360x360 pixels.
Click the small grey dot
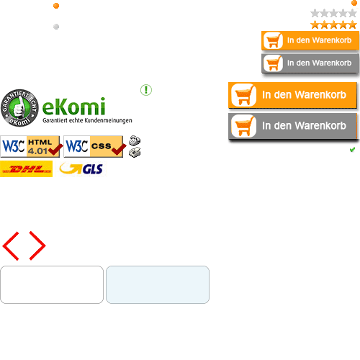(x=56, y=27)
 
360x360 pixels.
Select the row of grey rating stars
(x=333, y=13)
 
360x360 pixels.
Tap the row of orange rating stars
(x=333, y=24)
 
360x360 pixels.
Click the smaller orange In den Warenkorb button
(x=310, y=40)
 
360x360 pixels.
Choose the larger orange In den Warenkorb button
(x=292, y=95)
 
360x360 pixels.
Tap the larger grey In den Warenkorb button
(x=293, y=126)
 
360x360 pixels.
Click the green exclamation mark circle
(x=146, y=90)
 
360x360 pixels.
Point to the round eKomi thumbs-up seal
(x=19, y=108)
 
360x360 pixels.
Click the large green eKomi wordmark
(x=74, y=107)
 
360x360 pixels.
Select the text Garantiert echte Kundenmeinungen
(x=87, y=120)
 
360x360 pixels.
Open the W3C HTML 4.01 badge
(x=32, y=146)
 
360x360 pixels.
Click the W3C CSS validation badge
(x=95, y=146)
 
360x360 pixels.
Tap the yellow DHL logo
(x=26, y=169)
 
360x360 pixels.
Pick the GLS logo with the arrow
(x=81, y=169)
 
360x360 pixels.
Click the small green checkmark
(x=352, y=150)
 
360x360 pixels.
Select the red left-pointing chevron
(x=10, y=246)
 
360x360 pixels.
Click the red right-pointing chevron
(x=37, y=246)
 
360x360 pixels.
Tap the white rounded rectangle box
(x=52, y=284)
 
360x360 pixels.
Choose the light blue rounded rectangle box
(x=158, y=284)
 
